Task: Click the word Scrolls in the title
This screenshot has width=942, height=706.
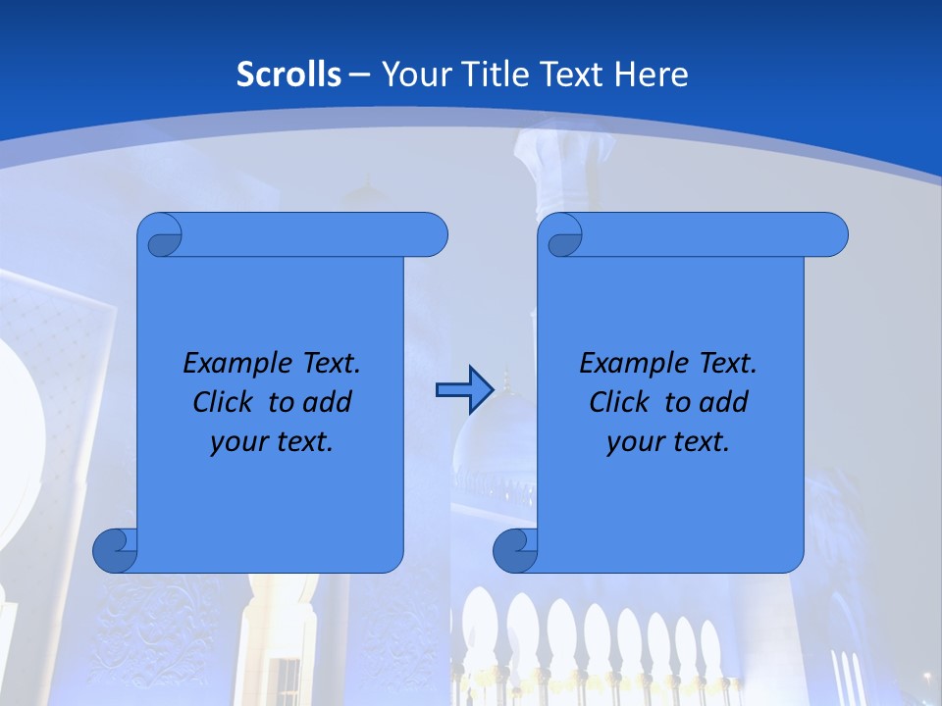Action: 288,75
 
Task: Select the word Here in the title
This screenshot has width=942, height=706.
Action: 652,75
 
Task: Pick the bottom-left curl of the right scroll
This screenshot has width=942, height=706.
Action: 515,551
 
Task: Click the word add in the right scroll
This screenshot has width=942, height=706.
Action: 724,402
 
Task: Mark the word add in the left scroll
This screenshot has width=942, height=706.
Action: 328,402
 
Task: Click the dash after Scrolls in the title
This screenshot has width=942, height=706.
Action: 358,75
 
